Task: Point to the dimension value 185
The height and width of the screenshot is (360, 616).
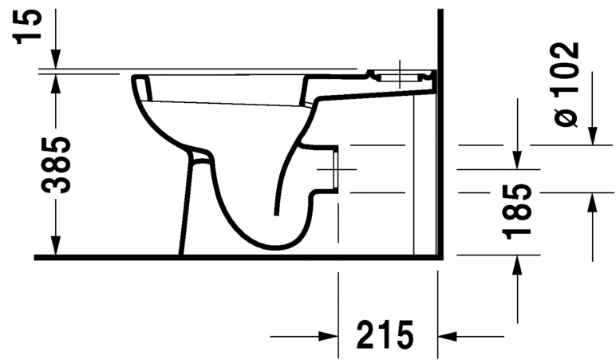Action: (x=519, y=211)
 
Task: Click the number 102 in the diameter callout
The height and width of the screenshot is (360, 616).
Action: (x=565, y=65)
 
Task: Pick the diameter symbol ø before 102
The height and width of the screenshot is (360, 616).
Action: (x=565, y=114)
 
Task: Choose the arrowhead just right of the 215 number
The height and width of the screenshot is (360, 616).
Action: (x=448, y=336)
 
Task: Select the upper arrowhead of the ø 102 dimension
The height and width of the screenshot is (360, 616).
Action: (x=592, y=136)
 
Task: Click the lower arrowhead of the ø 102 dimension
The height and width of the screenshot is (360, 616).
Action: (x=592, y=203)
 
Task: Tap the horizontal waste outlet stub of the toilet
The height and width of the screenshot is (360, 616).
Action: (x=329, y=169)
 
